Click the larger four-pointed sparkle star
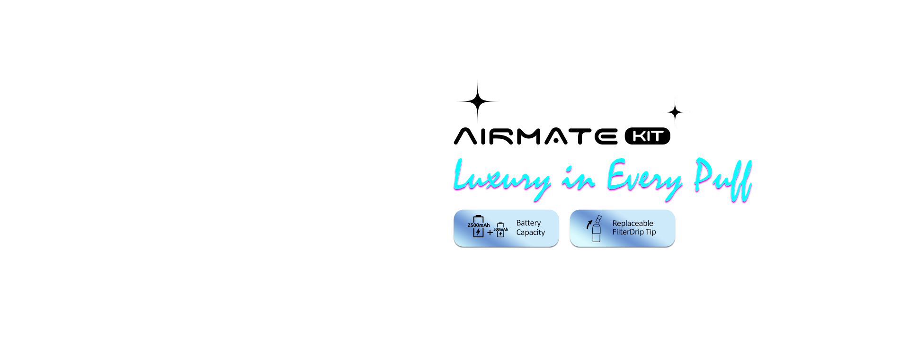pos(478,101)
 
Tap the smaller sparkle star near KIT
pos(675,112)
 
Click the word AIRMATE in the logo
pos(535,136)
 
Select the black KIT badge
pos(647,136)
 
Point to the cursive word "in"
pos(578,178)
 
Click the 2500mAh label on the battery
pos(479,225)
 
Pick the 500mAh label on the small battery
pos(500,229)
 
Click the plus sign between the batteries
pos(490,233)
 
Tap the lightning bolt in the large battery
pos(478,232)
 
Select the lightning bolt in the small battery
pos(500,234)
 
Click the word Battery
pos(528,223)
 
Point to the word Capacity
pos(530,232)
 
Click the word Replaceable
pos(633,223)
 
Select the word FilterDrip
pos(628,232)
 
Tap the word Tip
pos(651,232)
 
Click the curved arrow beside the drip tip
pos(589,224)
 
